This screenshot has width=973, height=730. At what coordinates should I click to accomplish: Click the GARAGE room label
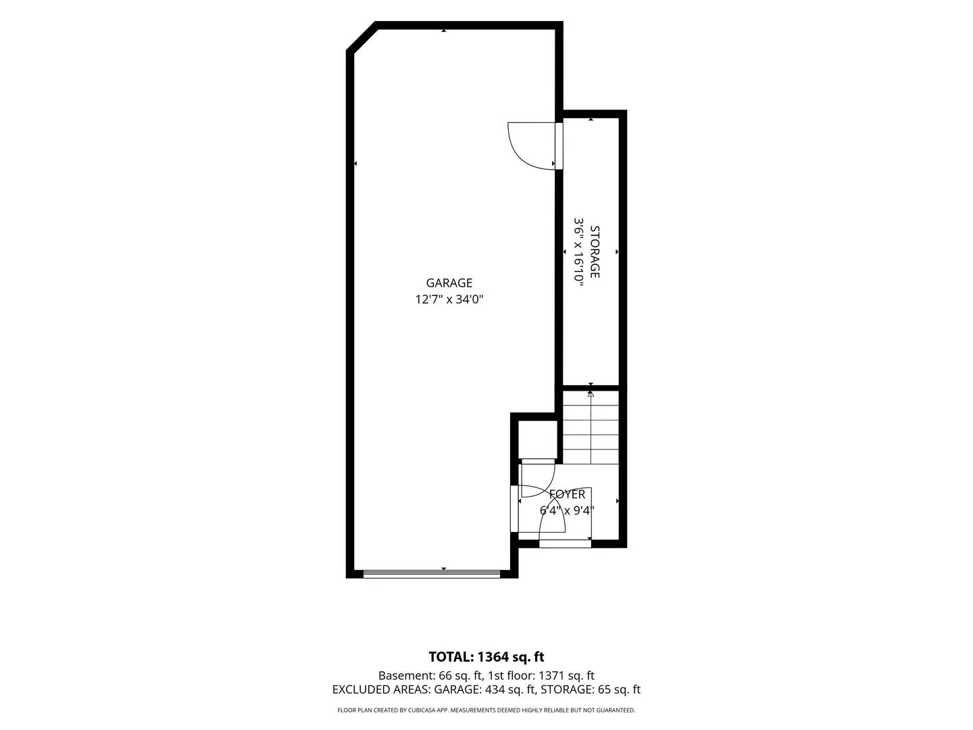(x=449, y=283)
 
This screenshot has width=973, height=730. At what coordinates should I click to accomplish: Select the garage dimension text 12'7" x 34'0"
(x=449, y=299)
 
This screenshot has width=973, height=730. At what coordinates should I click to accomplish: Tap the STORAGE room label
(x=595, y=251)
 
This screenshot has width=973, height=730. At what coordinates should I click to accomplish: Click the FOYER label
(x=567, y=494)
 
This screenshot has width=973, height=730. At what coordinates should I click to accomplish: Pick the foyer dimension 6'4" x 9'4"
(x=567, y=510)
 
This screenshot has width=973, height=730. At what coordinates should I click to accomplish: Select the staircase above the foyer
(x=591, y=427)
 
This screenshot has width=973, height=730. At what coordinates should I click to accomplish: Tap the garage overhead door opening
(x=432, y=574)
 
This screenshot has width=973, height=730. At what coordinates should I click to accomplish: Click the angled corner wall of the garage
(x=361, y=36)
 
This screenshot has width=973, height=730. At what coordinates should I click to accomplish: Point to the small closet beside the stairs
(x=538, y=439)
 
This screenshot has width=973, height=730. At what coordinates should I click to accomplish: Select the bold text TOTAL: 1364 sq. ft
(x=487, y=656)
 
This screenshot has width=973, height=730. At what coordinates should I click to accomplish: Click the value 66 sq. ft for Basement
(x=460, y=675)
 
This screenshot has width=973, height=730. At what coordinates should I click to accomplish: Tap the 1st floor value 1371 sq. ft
(x=566, y=675)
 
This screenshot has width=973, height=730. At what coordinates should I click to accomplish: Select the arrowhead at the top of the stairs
(x=591, y=394)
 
